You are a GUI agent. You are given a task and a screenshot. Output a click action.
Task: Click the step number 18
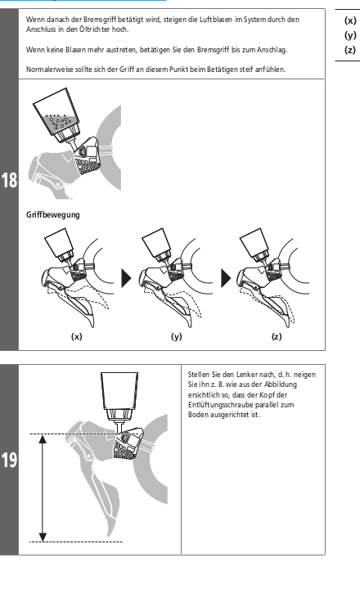coord(9,180)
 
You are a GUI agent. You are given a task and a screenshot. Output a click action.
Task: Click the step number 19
coord(9,460)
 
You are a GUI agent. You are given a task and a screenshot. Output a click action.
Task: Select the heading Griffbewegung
coord(52,215)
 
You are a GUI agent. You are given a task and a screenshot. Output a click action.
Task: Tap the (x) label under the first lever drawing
coord(77,336)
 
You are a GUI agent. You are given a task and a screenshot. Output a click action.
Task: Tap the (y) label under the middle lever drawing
coord(176,336)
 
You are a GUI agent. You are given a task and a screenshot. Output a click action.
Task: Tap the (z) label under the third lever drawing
coord(277,336)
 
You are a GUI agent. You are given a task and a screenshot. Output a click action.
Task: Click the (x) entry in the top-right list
coord(350,20)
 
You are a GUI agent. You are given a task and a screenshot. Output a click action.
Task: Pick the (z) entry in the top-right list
coord(350,50)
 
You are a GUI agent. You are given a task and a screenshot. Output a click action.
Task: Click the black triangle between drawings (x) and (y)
coord(127,278)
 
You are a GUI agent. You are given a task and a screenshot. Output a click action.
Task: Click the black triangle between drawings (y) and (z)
coord(226,278)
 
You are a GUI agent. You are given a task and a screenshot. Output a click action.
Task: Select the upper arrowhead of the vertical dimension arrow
coord(43,439)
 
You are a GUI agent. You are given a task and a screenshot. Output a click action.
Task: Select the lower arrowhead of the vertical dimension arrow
coord(43,537)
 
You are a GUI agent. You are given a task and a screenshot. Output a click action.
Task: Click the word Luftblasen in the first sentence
coord(216,19)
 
